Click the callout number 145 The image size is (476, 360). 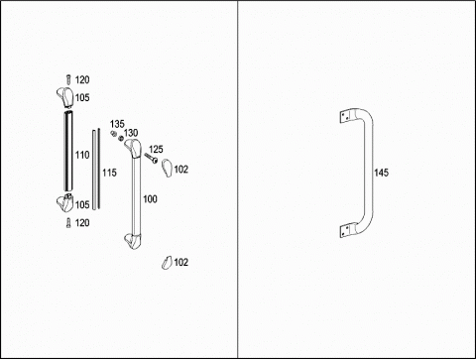point(381,173)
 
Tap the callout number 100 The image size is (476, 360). point(150,199)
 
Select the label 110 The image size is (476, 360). point(82,155)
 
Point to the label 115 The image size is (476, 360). point(109,173)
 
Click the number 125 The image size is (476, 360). point(156,149)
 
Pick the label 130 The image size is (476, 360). point(131,133)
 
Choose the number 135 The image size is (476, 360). point(117,124)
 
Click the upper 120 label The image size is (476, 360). point(82,79)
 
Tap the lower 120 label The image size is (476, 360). point(82,223)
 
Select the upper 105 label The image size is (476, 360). point(82,97)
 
